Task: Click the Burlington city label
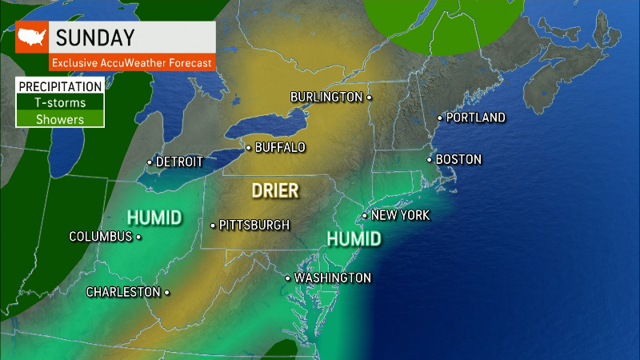tap(326, 97)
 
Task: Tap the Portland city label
tap(475, 118)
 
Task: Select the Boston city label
tap(458, 159)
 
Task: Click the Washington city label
tap(332, 278)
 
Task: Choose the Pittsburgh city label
tap(254, 225)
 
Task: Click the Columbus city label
tap(100, 237)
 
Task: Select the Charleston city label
tap(123, 292)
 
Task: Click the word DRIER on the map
tap(274, 190)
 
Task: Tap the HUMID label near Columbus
tap(154, 217)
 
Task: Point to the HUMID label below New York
tap(354, 238)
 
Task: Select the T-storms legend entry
tap(60, 102)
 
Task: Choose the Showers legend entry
tap(60, 118)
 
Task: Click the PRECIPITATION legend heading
tap(60, 86)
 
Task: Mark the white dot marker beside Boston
tap(430, 159)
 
